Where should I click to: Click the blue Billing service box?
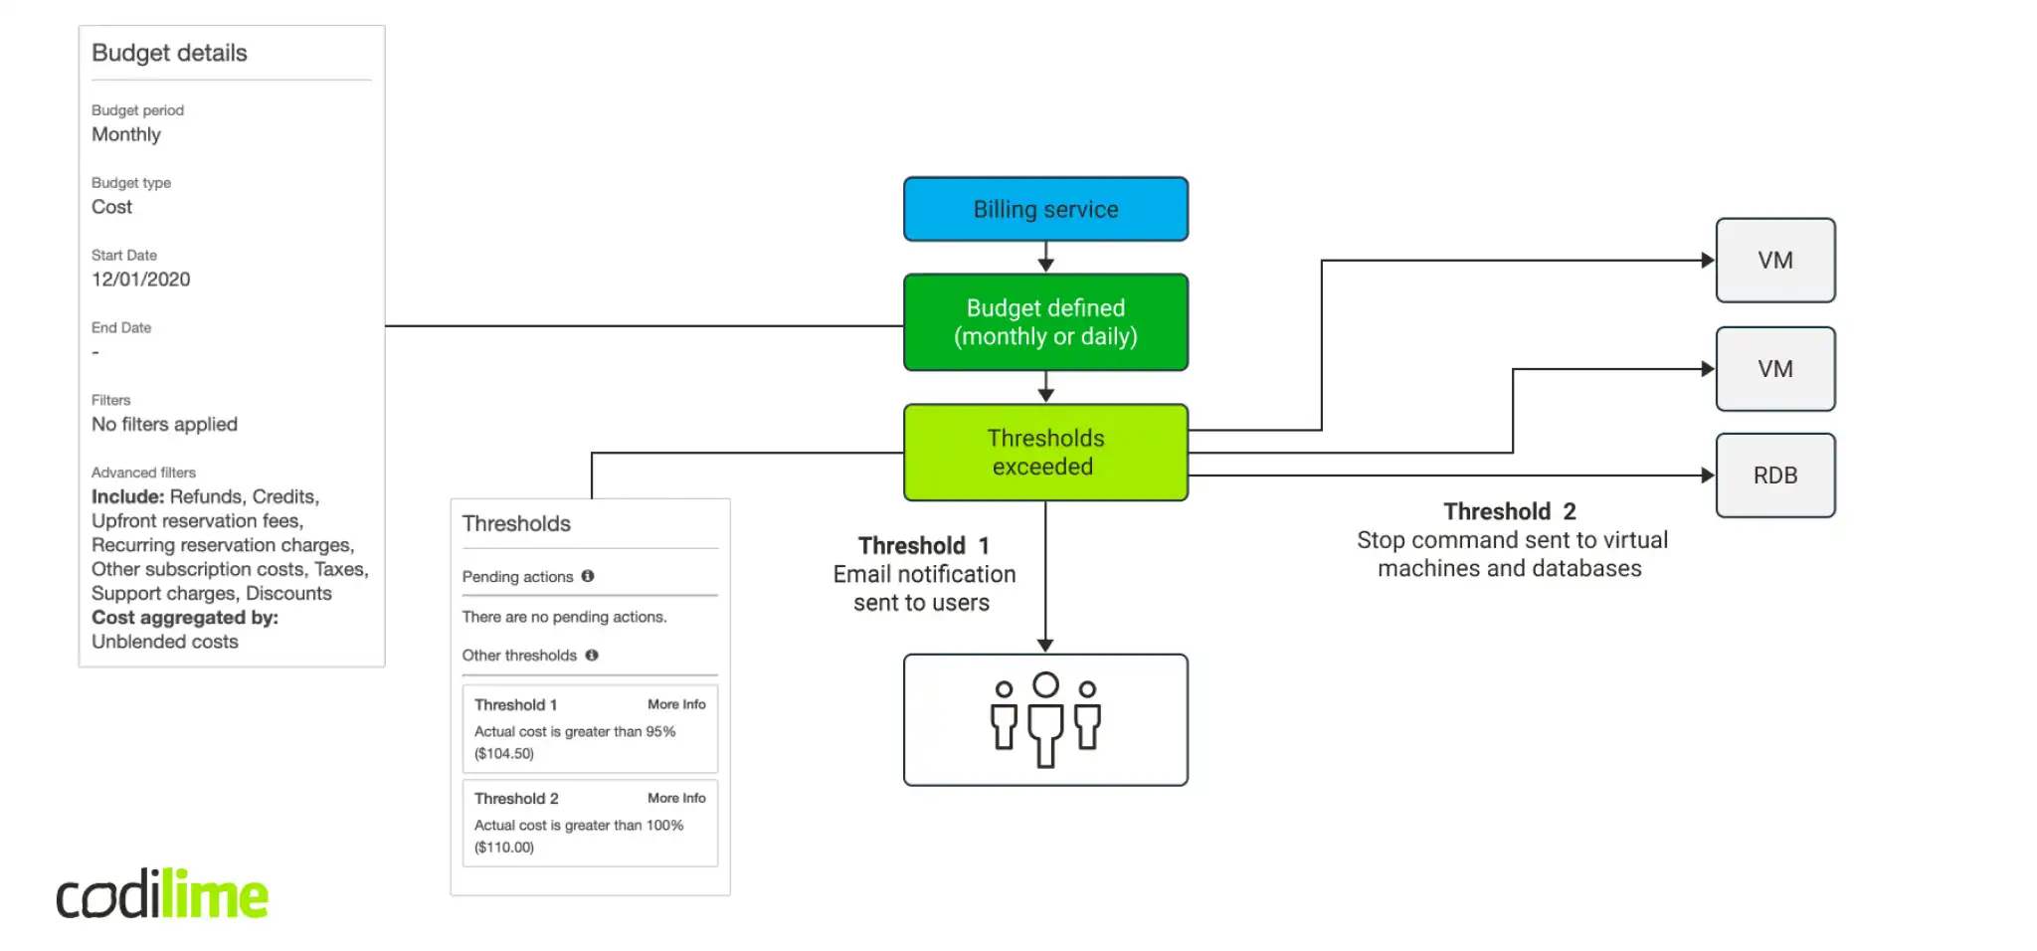coord(1045,209)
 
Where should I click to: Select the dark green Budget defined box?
coord(1045,322)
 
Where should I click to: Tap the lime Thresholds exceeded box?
coord(1045,453)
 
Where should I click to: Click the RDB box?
coord(1775,475)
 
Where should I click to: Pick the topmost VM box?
coord(1775,261)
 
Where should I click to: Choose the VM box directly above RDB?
coord(1775,369)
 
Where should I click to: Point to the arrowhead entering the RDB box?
coord(1708,475)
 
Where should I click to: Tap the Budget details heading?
coord(169,53)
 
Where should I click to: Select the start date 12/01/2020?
coord(141,280)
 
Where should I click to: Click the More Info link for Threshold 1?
coord(676,704)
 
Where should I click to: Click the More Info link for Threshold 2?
coord(676,798)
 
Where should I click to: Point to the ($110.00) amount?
coord(504,848)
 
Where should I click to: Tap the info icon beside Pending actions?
coord(588,576)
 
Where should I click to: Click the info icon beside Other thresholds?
coord(592,655)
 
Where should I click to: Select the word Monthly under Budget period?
coord(126,134)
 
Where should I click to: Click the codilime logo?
coord(162,894)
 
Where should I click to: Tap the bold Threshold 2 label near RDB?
coord(1509,511)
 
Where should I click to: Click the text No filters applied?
coord(164,425)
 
